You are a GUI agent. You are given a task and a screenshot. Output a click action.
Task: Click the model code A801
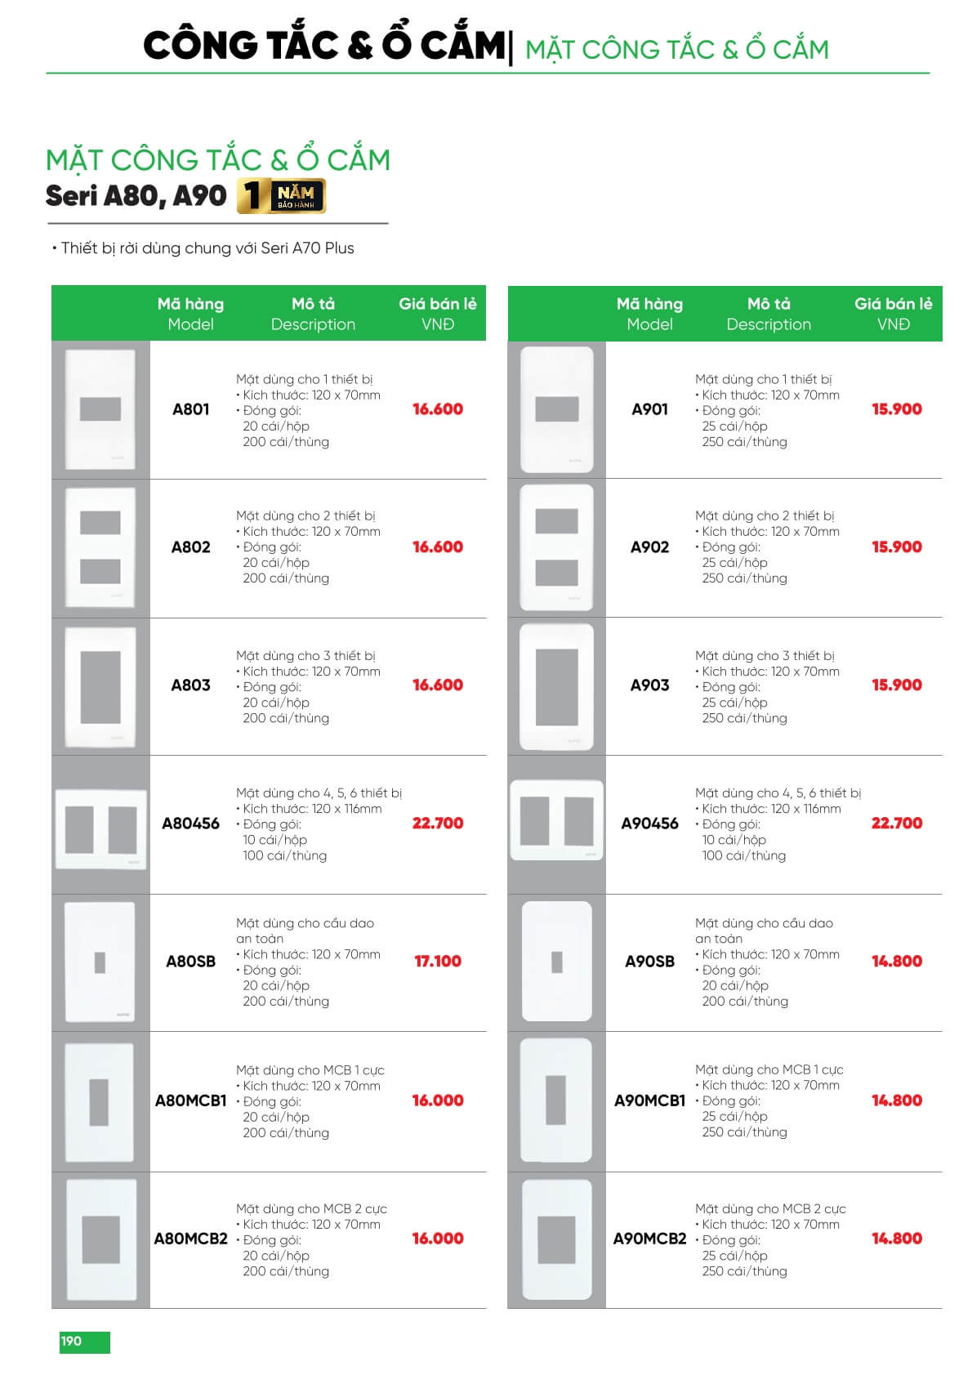[190, 409]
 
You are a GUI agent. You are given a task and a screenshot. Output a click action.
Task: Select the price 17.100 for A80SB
[437, 962]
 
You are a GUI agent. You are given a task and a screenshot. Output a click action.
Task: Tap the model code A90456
[649, 824]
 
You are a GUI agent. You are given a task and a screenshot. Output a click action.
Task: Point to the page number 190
[72, 1341]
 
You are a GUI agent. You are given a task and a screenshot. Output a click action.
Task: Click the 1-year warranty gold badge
[281, 196]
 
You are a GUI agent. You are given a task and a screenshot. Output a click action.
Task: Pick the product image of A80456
[100, 829]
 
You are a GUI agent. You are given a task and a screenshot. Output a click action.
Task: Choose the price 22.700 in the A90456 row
[896, 824]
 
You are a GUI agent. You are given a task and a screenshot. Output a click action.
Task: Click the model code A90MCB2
[649, 1239]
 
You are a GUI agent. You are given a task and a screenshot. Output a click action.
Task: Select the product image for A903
[556, 687]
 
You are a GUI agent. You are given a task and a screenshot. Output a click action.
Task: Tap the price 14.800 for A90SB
[896, 962]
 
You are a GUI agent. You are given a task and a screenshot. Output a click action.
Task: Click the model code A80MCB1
[190, 1100]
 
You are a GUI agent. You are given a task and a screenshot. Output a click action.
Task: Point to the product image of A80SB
[100, 962]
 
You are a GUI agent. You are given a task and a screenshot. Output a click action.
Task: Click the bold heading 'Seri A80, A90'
[136, 196]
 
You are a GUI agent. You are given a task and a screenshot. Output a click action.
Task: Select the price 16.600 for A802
[437, 547]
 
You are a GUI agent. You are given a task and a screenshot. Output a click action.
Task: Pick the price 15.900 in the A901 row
[896, 409]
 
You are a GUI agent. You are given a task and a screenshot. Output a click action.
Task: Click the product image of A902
[556, 547]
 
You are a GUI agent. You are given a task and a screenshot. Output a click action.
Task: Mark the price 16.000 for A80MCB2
[437, 1239]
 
